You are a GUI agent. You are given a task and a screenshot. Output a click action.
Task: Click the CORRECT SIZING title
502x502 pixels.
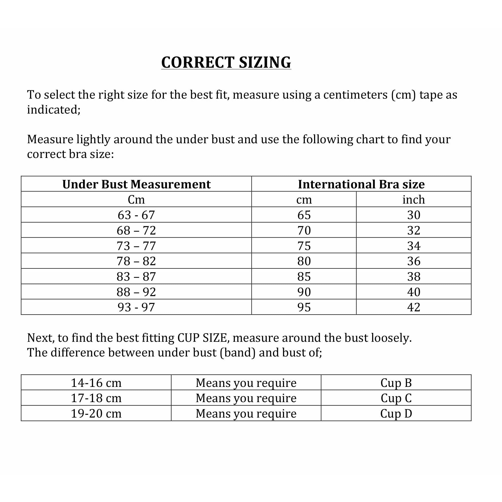coord(226,62)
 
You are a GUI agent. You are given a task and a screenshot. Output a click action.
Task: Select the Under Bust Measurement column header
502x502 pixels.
coord(136,184)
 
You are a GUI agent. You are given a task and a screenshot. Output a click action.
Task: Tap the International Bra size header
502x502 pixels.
coord(361,184)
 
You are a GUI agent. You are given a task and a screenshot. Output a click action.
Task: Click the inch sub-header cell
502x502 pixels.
coord(414,200)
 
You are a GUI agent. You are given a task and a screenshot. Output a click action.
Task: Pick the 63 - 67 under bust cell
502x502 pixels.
coord(136,215)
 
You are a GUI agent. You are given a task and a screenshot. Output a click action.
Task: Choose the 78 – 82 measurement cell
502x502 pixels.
coord(136,261)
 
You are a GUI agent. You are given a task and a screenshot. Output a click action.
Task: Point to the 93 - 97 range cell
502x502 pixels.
coord(136,307)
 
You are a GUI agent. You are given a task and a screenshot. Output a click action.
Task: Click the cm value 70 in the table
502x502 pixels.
coord(304,230)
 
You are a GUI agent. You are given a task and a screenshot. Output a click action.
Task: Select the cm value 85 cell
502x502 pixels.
coord(304,276)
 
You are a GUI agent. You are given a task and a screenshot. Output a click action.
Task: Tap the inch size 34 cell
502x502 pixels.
coord(414,245)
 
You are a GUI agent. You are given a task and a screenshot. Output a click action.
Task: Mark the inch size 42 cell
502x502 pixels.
coord(414,307)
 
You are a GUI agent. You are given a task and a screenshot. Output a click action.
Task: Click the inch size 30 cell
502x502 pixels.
coord(414,215)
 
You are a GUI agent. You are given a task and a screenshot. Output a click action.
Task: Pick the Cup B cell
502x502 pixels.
coord(396,383)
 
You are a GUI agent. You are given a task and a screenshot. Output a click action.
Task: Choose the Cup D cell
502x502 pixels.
coord(396,414)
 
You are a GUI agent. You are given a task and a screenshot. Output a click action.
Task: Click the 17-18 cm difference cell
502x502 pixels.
coord(96,398)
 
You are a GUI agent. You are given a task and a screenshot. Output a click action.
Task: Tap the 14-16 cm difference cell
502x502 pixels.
coord(96,383)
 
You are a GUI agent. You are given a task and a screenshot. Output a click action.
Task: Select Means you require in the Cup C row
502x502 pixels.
coord(246,398)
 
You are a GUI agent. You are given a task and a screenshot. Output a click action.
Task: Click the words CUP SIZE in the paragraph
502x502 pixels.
coord(202,338)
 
